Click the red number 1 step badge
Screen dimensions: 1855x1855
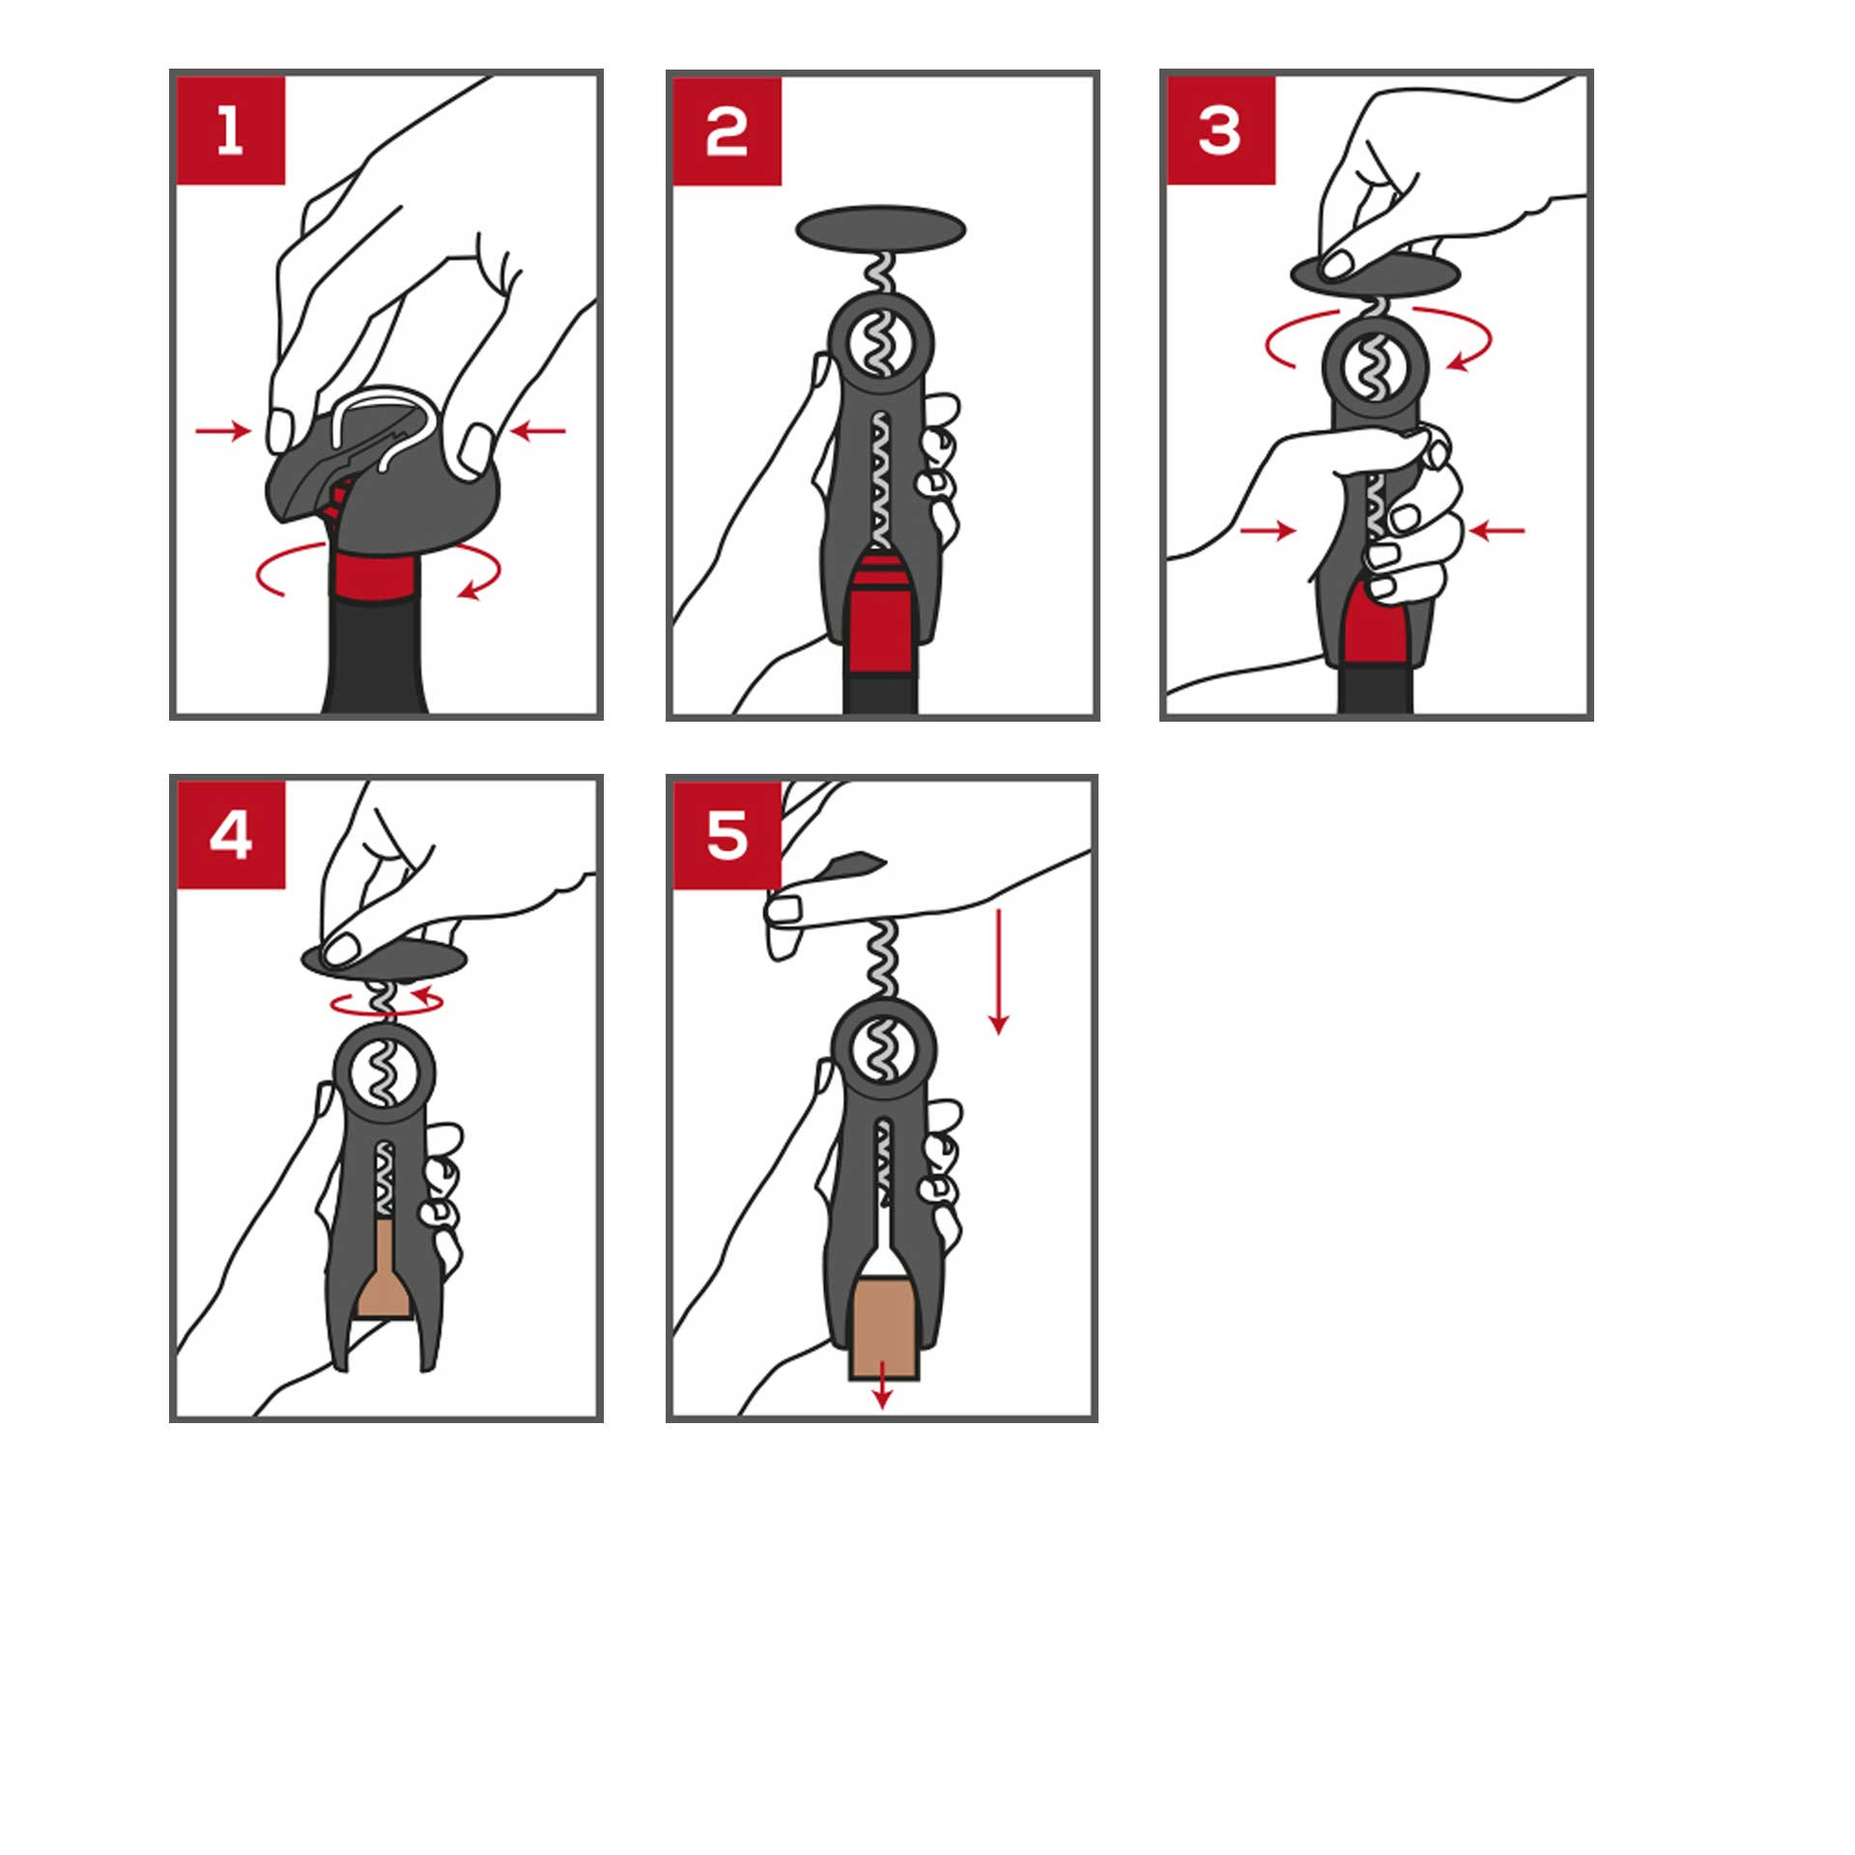coord(231,130)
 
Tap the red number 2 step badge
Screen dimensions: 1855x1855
coord(727,131)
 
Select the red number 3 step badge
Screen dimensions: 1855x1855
coord(1221,130)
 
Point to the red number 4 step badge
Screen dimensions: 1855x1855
coord(231,835)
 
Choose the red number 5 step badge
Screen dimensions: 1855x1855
coord(727,836)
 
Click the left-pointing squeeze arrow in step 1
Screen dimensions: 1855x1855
coord(537,431)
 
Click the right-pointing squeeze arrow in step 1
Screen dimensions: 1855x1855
coord(223,431)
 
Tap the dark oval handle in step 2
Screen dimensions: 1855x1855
coord(880,229)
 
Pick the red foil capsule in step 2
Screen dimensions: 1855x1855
coord(880,609)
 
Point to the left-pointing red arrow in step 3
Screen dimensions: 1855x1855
coord(1497,529)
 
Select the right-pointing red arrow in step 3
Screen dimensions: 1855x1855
coord(1268,529)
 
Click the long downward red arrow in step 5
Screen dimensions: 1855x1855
coord(999,972)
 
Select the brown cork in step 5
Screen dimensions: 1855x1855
coord(883,1327)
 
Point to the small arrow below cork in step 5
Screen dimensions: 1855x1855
coord(881,1384)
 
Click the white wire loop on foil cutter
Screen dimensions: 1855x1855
coord(385,425)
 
